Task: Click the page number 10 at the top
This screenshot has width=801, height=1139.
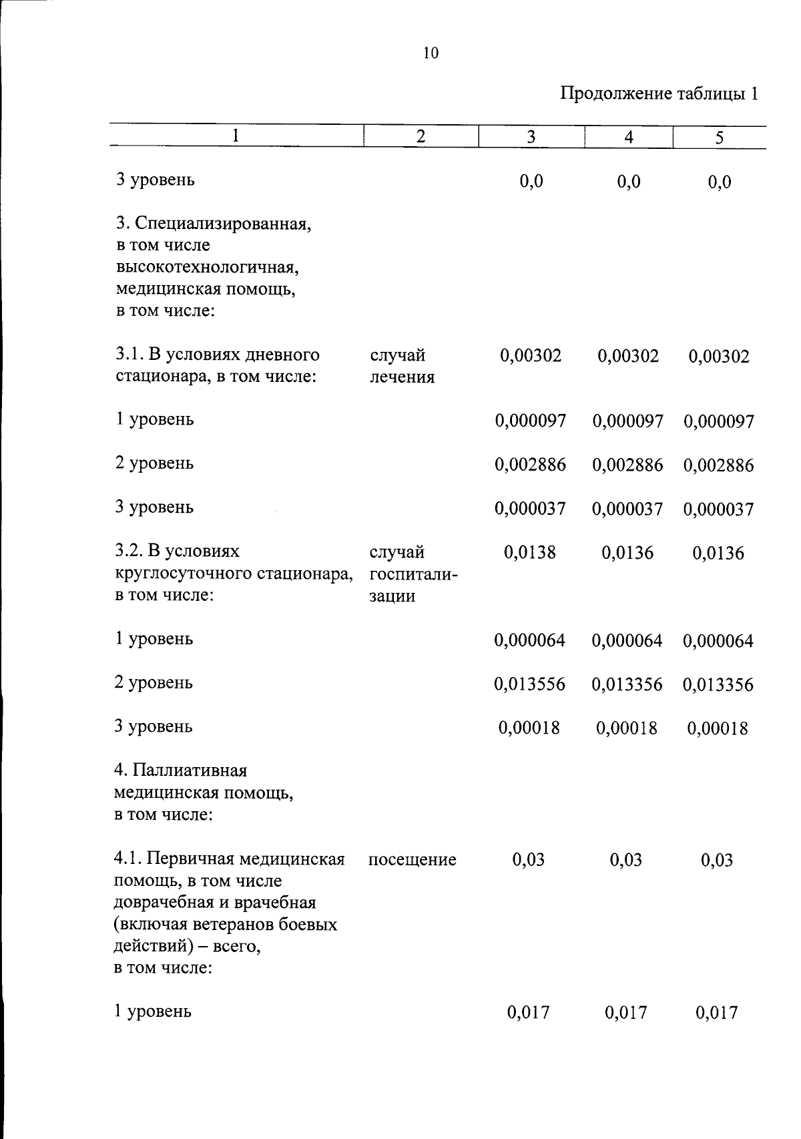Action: pyautogui.click(x=431, y=53)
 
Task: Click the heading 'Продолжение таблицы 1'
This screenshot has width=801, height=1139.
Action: pyautogui.click(x=658, y=93)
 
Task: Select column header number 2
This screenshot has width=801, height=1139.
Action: pyautogui.click(x=421, y=137)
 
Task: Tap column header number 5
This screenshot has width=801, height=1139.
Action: pyautogui.click(x=719, y=138)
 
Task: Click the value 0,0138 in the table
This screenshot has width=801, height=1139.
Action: pyautogui.click(x=529, y=552)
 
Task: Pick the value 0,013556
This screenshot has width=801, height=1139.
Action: pyautogui.click(x=529, y=684)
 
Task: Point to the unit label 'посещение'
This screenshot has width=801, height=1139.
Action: pyautogui.click(x=412, y=859)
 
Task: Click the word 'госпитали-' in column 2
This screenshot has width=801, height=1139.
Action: pyautogui.click(x=413, y=574)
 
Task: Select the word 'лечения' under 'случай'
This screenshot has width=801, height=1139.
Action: pyautogui.click(x=402, y=377)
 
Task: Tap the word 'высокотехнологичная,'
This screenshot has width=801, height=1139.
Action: pyautogui.click(x=207, y=267)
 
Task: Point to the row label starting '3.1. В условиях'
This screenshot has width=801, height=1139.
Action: pyautogui.click(x=217, y=355)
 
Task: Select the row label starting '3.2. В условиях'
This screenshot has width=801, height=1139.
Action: pyautogui.click(x=177, y=551)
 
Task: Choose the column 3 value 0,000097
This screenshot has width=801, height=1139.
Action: pyautogui.click(x=530, y=421)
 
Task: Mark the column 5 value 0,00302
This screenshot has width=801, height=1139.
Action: pyautogui.click(x=718, y=355)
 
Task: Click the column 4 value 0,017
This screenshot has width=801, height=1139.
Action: pyautogui.click(x=625, y=1013)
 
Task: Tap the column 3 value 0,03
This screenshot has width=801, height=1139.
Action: pyautogui.click(x=528, y=859)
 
